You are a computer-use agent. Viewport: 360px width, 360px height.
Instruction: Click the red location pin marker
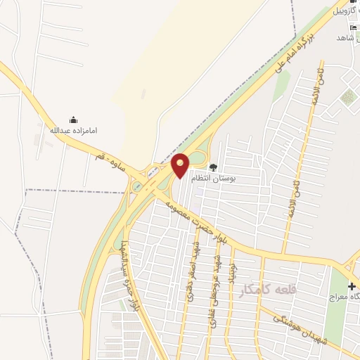(181, 165)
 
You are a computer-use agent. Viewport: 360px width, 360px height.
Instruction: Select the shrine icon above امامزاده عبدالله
(72, 120)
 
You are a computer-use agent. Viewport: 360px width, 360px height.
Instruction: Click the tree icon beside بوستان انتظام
(212, 167)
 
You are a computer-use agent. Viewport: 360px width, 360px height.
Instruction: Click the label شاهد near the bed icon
(344, 37)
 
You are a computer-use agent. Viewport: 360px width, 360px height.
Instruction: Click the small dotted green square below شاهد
(347, 96)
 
